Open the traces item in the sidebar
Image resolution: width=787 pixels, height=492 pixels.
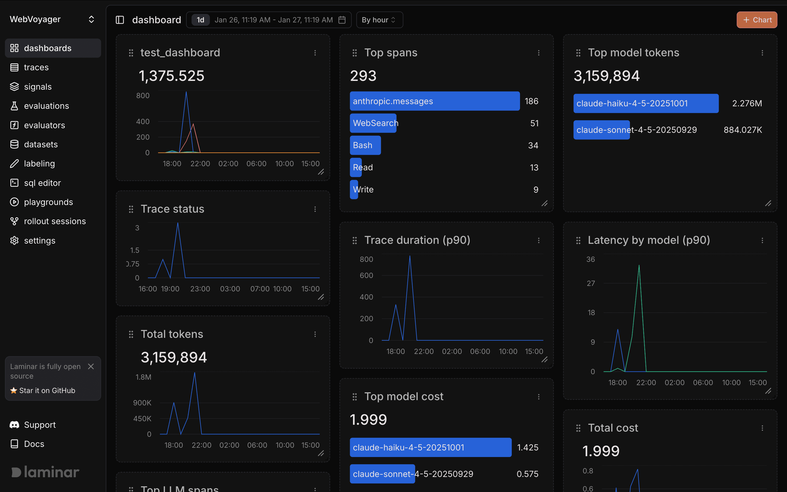tap(36, 67)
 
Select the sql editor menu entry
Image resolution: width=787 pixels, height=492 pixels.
tap(42, 183)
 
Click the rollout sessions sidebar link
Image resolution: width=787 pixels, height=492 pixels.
tap(55, 221)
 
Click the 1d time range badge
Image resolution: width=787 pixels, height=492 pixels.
tap(200, 20)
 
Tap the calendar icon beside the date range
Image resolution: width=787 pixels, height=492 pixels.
tap(342, 20)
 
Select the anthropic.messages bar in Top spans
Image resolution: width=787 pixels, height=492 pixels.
tap(434, 101)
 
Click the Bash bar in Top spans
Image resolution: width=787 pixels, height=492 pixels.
tap(365, 145)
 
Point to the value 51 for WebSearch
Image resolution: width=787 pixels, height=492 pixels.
tap(534, 123)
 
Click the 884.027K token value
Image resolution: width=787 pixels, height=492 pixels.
tap(742, 130)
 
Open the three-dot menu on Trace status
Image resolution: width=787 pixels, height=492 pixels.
tap(315, 209)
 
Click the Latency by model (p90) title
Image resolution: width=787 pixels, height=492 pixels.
tap(648, 240)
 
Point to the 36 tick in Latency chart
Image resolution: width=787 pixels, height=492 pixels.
tap(590, 259)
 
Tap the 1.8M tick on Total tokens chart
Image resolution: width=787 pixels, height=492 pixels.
tap(143, 377)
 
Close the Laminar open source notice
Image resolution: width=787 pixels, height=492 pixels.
tap(91, 366)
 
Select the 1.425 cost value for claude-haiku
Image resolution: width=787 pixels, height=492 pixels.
tap(527, 447)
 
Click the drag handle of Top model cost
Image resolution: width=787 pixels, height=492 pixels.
tap(354, 397)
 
